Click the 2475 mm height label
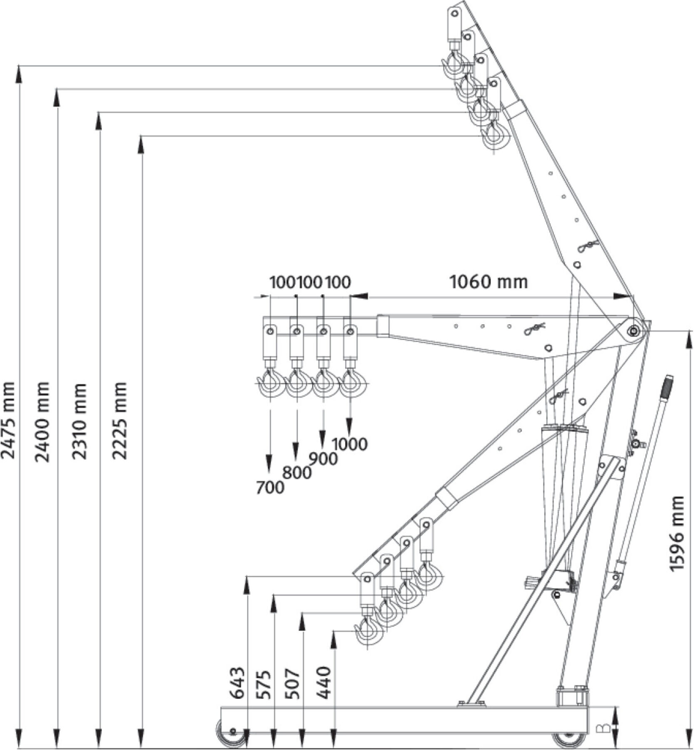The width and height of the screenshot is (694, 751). pyautogui.click(x=8, y=420)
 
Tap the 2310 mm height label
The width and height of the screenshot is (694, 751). pyautogui.click(x=80, y=421)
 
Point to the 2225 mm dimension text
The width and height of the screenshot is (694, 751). pyautogui.click(x=119, y=420)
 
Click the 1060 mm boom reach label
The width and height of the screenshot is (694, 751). pyautogui.click(x=488, y=282)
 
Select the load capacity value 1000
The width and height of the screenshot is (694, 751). pyautogui.click(x=350, y=444)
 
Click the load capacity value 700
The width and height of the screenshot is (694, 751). pyautogui.click(x=270, y=487)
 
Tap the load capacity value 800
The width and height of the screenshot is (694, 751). pyautogui.click(x=297, y=473)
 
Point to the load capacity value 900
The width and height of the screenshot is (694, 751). pyautogui.click(x=323, y=459)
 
